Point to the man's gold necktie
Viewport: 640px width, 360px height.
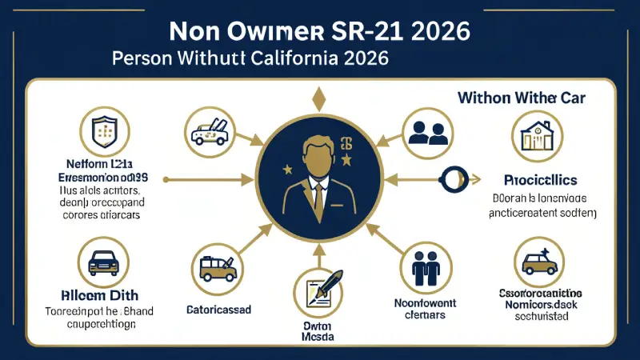[318, 197]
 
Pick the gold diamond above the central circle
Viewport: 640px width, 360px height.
[319, 98]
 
